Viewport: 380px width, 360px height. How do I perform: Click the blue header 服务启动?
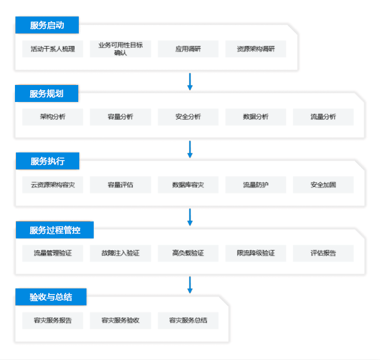(47, 25)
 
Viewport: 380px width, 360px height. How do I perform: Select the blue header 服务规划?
(46, 93)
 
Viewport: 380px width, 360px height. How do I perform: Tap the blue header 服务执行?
(47, 161)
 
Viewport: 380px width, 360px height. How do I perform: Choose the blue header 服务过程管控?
(55, 230)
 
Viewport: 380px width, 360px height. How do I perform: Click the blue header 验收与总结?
(51, 297)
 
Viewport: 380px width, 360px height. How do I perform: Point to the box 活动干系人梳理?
(53, 49)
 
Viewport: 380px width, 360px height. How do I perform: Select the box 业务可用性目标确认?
(120, 49)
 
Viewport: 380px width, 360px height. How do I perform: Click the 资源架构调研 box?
(256, 49)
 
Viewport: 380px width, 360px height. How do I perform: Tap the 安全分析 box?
(188, 117)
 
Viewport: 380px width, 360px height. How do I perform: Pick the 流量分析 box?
(323, 117)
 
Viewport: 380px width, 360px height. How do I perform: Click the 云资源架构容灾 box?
(53, 185)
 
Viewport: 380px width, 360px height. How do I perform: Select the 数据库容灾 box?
(188, 185)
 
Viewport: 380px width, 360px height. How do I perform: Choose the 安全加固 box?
(323, 185)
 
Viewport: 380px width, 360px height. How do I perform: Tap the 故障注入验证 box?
(120, 253)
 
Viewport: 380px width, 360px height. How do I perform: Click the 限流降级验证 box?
(256, 253)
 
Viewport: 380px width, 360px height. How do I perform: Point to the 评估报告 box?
(323, 253)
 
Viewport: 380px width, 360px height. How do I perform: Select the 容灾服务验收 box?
(120, 320)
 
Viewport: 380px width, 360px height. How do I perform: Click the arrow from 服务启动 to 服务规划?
(190, 82)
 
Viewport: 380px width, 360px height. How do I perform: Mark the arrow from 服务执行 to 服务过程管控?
(190, 217)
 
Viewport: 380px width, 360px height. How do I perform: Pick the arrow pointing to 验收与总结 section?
(190, 285)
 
